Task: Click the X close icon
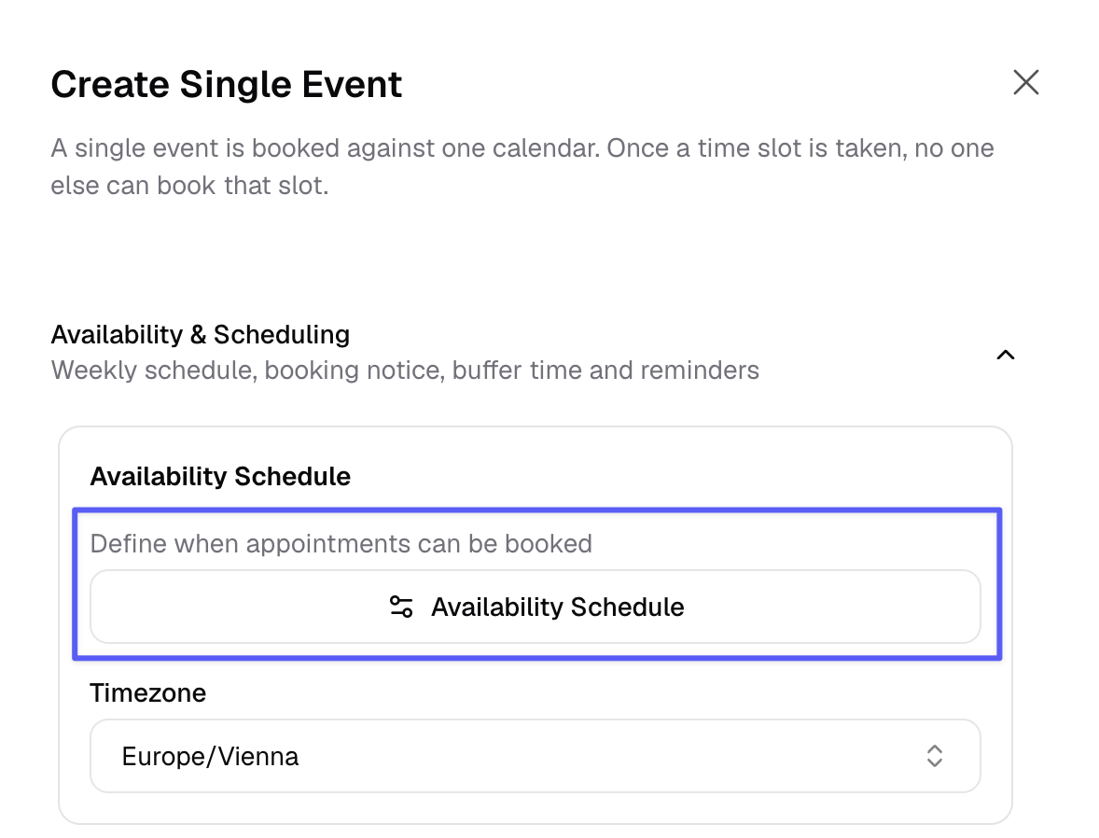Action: point(1025,82)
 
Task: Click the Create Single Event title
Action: point(227,85)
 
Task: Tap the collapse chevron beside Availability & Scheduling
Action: point(1006,355)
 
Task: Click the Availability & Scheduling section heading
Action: point(201,334)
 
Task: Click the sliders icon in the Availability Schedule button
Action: point(401,607)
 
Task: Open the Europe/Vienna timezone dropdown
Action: point(535,756)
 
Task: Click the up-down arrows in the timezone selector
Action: point(934,756)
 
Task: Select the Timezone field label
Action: point(148,692)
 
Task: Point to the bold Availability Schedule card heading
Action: point(220,476)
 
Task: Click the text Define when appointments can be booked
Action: point(341,543)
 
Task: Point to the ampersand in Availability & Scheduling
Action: point(199,335)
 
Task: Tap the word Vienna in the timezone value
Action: point(258,757)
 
